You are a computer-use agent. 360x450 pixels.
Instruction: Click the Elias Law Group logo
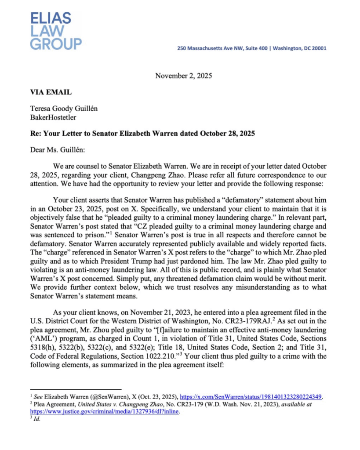[x=55, y=30]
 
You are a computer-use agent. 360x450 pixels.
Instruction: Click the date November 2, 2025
[x=183, y=76]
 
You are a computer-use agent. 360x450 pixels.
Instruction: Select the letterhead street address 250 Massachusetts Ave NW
[x=208, y=48]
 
